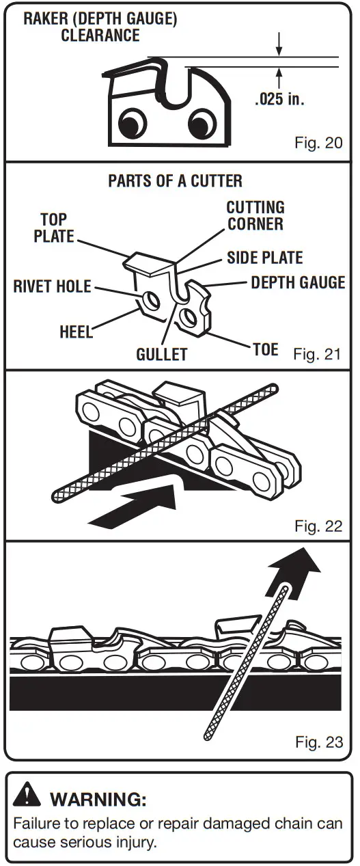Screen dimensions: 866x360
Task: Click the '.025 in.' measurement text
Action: point(279,100)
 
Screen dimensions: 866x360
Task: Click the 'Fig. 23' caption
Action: point(318,742)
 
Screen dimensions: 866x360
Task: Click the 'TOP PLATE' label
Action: point(54,228)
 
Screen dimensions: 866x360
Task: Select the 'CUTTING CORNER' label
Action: point(255,215)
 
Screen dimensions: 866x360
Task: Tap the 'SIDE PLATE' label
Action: point(264,258)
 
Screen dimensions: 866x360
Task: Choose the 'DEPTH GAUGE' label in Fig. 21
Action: point(298,282)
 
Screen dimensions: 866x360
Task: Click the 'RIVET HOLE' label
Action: point(52,286)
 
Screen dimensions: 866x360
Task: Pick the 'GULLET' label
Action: point(161,355)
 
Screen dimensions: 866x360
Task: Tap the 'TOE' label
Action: point(265,350)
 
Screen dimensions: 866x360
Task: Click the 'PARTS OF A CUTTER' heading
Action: point(175,181)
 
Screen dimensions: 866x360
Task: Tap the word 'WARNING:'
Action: point(98,798)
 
